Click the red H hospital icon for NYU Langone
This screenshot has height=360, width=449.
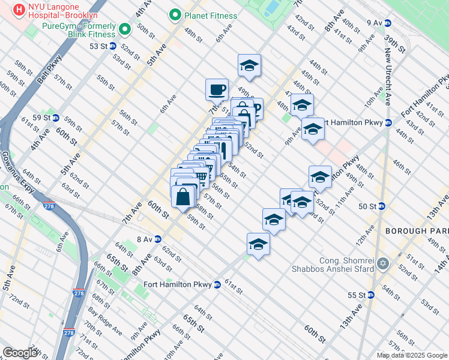(x=19, y=10)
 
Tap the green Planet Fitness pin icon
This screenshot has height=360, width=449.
(x=175, y=14)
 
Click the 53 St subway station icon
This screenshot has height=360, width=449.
(x=112, y=46)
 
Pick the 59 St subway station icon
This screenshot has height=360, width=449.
(x=55, y=118)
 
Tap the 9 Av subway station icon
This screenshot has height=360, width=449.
(x=388, y=23)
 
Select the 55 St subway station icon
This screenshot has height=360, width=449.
(x=371, y=295)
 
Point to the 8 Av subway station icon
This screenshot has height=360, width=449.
(x=158, y=238)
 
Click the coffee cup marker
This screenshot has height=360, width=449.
(x=217, y=90)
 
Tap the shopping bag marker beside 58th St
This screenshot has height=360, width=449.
(x=182, y=197)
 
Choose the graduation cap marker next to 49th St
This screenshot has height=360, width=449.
(x=249, y=66)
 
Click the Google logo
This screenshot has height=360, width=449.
(x=20, y=352)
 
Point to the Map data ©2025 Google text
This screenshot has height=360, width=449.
(x=412, y=355)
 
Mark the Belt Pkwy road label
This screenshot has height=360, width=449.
(x=49, y=67)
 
